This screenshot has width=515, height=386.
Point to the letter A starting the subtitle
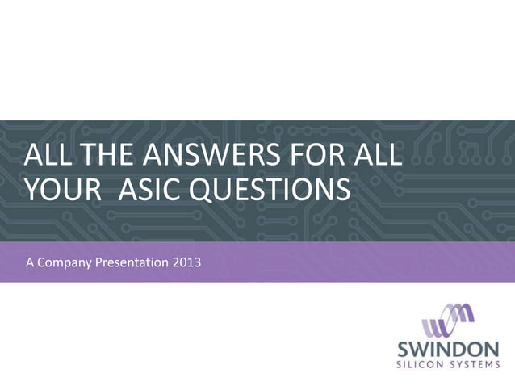point(30,262)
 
